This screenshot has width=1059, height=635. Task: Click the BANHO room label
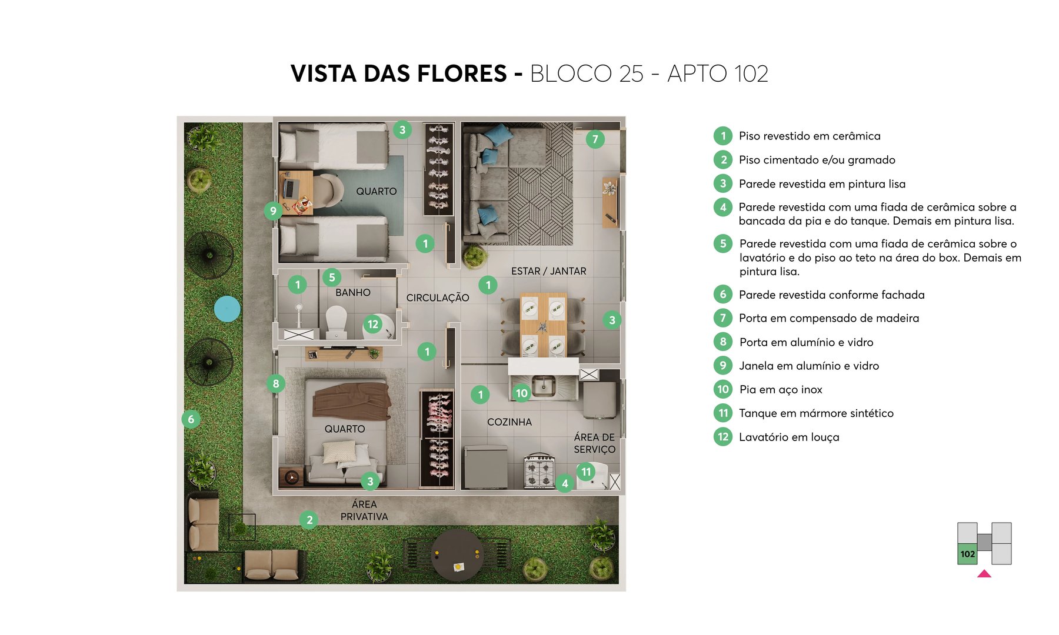pos(353,292)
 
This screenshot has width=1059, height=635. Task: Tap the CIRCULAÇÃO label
pos(437,298)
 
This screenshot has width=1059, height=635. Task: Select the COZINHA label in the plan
pos(509,422)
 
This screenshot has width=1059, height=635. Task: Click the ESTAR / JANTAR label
pos(548,271)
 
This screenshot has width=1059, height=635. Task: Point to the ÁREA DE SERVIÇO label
pos(594,443)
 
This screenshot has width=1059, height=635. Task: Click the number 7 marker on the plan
pos(595,139)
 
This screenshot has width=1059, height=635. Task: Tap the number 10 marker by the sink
pos(521,393)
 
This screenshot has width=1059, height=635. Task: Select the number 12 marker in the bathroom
pos(373,324)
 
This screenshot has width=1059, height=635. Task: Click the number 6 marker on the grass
pos(191,419)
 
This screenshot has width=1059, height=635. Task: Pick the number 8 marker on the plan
pos(275,384)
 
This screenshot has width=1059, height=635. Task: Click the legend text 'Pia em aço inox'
pos(780,389)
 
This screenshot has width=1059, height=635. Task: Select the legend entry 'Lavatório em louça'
pos(788,437)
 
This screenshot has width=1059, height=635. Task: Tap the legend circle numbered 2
pos(723,160)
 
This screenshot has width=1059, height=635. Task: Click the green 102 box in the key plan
pos(967,554)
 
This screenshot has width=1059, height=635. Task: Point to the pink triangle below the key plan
pos(984,574)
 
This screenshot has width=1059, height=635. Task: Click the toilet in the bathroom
pos(337,320)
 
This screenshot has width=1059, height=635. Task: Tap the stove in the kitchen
pos(539,471)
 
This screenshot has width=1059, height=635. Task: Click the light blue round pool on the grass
pos(227,309)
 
